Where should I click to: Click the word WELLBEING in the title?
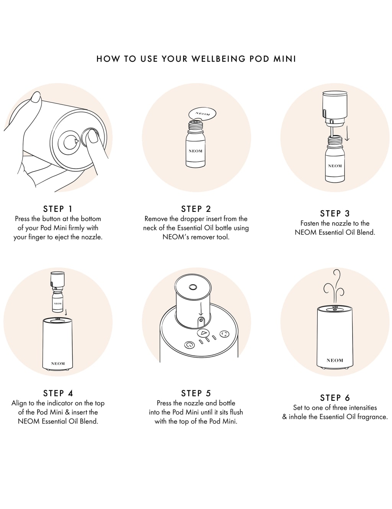pyautogui.click(x=219, y=59)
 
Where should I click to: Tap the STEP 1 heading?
pyautogui.click(x=58, y=209)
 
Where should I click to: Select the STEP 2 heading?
pyautogui.click(x=196, y=209)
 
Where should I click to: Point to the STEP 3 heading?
pyautogui.click(x=335, y=213)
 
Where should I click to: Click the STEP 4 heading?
pyautogui.click(x=58, y=393)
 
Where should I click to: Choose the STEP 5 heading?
pyautogui.click(x=196, y=393)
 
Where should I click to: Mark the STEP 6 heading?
pyautogui.click(x=335, y=398)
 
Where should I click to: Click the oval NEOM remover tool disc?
pyautogui.click(x=202, y=114)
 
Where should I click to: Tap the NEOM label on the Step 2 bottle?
pyautogui.click(x=196, y=151)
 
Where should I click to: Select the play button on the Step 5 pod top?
pyautogui.click(x=204, y=333)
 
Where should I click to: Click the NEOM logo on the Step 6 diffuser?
pyautogui.click(x=335, y=360)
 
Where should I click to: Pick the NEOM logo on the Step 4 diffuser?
pyautogui.click(x=58, y=364)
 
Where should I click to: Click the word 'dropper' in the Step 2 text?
pyautogui.click(x=189, y=219)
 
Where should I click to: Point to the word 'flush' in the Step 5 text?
pyautogui.click(x=236, y=412)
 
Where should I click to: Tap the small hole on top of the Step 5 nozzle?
pyautogui.click(x=193, y=286)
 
